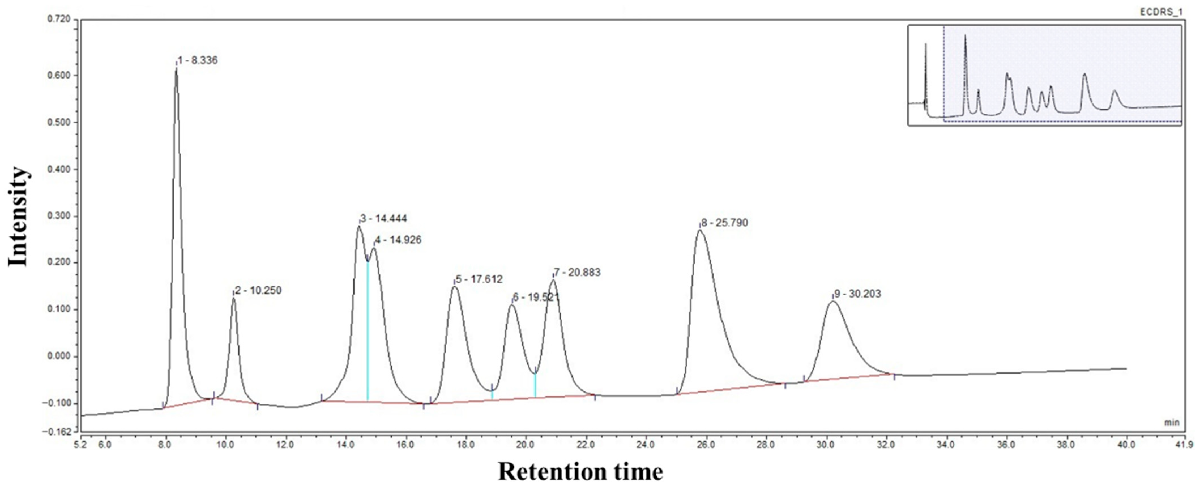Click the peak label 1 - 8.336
pos(198,60)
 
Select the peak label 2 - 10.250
pos(258,291)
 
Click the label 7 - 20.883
pos(577,272)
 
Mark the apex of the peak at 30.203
pos(832,302)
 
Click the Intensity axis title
pos(19,217)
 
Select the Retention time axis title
pos(580,472)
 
